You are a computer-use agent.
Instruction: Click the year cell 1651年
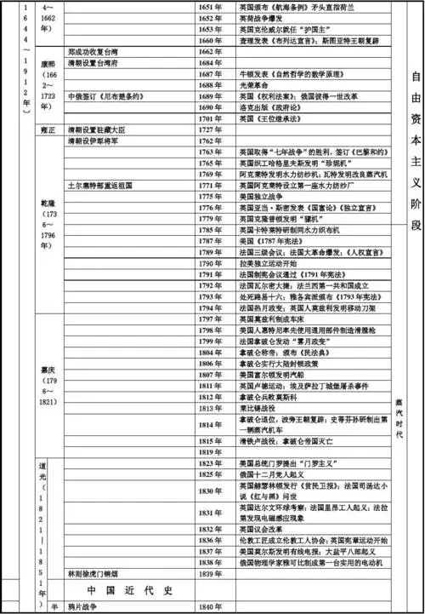click(217, 6)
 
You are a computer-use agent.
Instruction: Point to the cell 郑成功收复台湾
click(99, 52)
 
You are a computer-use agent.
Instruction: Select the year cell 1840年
click(217, 606)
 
